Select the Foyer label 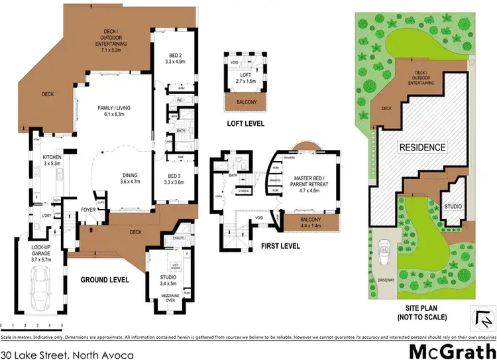89,210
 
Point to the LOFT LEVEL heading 245,123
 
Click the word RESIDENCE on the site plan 422,147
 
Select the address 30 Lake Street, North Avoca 67,355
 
